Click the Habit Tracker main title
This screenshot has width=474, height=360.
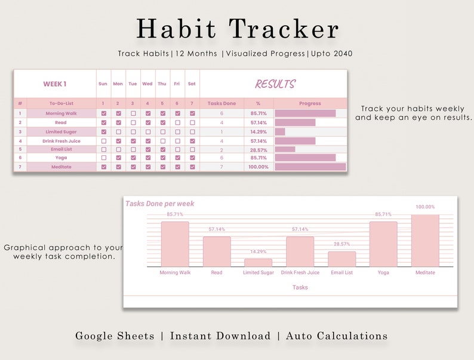[237, 29]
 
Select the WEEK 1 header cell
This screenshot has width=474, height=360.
[55, 84]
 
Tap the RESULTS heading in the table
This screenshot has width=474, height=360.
[275, 84]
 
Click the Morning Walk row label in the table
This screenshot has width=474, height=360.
[61, 113]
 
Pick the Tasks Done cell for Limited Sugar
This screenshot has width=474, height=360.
[221, 132]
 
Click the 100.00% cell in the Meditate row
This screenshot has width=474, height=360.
[258, 167]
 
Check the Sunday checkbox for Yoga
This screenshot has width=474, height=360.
[104, 158]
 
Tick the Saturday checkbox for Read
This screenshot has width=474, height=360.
[192, 122]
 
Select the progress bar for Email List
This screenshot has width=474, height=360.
[285, 149]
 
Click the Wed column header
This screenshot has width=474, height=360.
[147, 84]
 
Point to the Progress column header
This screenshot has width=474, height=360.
[310, 104]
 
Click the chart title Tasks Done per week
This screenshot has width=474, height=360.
[159, 204]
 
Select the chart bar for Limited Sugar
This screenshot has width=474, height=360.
[258, 263]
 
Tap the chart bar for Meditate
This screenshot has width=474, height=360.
[425, 241]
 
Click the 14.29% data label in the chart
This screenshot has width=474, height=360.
[258, 252]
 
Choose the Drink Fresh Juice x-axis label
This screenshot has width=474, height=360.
[300, 273]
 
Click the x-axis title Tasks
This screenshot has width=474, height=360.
[300, 287]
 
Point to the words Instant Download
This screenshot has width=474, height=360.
[220, 336]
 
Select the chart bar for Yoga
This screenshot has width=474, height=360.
[383, 244]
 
